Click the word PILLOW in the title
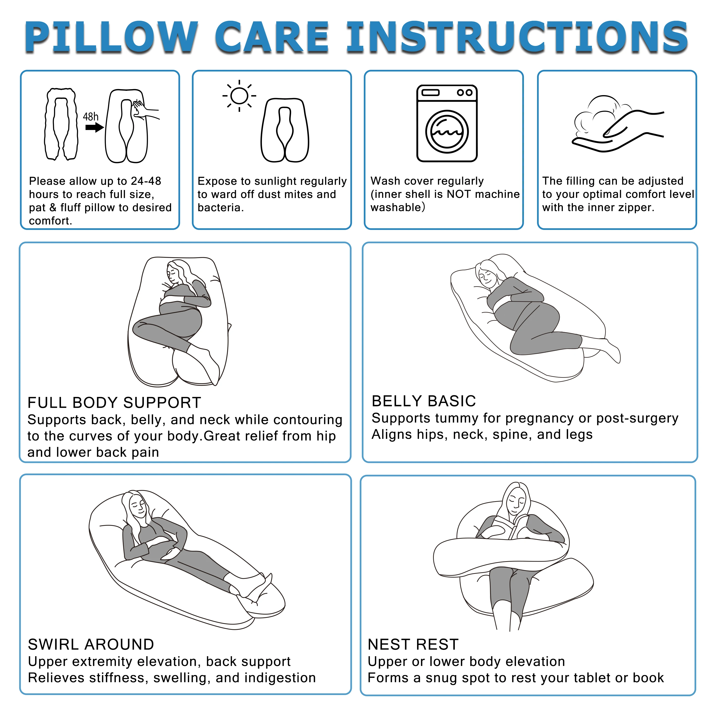coord(111,37)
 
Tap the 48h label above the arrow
coord(91,117)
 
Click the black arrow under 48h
coord(94,128)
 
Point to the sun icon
coord(239,96)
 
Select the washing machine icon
coord(447,123)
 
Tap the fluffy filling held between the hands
coord(597,113)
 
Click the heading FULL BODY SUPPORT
coord(114,403)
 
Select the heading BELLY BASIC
coord(424,401)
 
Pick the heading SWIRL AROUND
coord(91,644)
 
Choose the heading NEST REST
coord(413,644)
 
